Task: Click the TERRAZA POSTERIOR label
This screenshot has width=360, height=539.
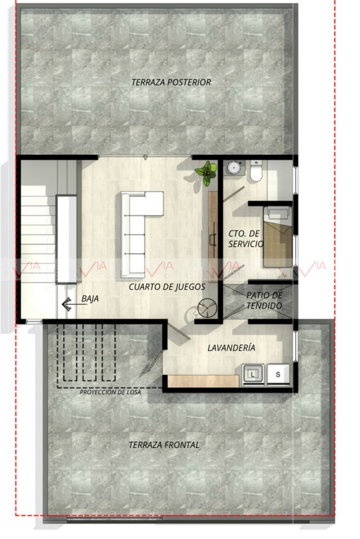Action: point(171,83)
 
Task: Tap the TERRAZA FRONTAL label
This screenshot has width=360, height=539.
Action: point(164,445)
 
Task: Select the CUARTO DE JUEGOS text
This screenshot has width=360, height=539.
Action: point(167,286)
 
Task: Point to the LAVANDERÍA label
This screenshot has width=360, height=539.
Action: point(232,347)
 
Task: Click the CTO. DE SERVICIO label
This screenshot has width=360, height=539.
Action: point(246,239)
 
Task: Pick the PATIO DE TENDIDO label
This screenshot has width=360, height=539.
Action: point(264,300)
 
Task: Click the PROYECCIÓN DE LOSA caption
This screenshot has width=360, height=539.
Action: point(110,392)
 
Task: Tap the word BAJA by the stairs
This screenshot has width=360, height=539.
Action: point(90,299)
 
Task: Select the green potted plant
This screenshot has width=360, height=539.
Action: point(206,172)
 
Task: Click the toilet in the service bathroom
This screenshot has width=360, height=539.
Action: point(256,170)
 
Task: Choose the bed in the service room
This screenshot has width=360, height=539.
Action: point(277,237)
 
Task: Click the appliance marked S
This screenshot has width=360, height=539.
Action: point(278,374)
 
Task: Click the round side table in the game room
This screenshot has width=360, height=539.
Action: point(207,308)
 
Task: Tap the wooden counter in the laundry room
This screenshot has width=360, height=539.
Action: point(203,381)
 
